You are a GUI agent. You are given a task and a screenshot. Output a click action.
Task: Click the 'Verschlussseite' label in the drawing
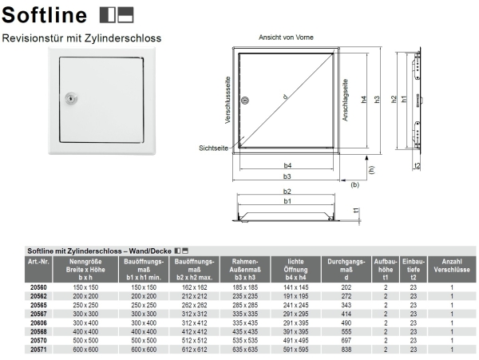pyautogui.click(x=228, y=105)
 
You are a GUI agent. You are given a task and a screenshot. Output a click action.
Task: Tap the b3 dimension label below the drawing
pyautogui.click(x=286, y=176)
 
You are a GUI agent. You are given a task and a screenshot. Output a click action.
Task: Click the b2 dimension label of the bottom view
pyautogui.click(x=287, y=192)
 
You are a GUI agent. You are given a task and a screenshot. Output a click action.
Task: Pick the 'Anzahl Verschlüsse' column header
pyautogui.click(x=451, y=264)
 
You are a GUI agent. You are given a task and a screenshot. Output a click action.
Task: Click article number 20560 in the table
pyautogui.click(x=38, y=286)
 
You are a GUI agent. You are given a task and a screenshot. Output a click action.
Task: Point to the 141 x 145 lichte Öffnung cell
pyautogui.click(x=295, y=286)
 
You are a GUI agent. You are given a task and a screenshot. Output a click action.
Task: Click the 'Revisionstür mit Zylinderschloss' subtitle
pyautogui.click(x=82, y=38)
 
